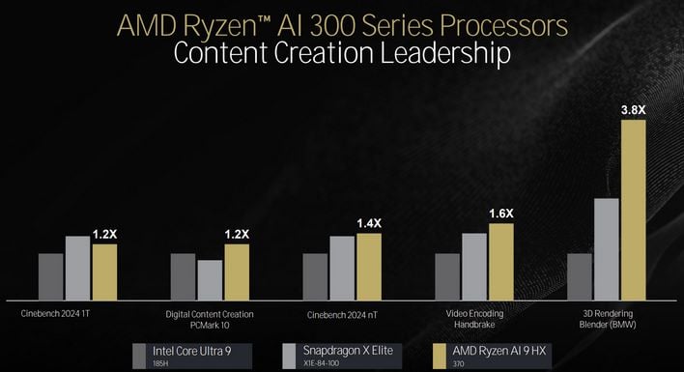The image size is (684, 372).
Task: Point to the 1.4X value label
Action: tap(369, 224)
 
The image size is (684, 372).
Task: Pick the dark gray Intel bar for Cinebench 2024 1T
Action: tap(51, 275)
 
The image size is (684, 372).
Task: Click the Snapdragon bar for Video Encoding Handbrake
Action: tap(473, 265)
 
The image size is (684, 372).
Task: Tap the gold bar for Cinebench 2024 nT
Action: tap(369, 265)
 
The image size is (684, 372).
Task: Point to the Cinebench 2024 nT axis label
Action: tap(342, 314)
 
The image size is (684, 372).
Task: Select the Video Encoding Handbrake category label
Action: tap(473, 319)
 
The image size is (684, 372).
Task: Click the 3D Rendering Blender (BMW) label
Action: tap(606, 319)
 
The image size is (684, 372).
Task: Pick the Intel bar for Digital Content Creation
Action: tap(184, 275)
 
